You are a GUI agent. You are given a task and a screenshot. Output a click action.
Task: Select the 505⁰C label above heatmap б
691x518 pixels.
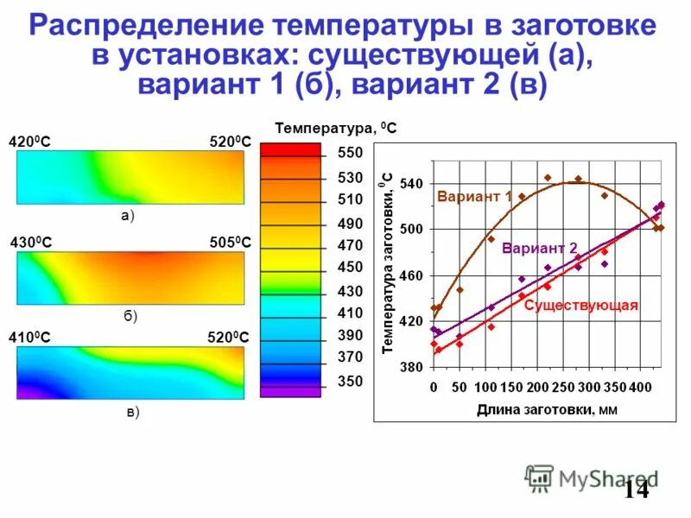230,243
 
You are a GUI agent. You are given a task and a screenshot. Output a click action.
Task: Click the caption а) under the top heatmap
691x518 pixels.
128,217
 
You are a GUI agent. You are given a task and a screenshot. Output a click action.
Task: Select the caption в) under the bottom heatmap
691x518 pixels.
132,413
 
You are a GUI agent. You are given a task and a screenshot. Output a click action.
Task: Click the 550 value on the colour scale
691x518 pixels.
350,153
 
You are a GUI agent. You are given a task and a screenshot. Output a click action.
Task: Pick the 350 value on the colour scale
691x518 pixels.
350,381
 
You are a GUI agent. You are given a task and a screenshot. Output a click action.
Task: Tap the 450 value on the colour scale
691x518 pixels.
350,268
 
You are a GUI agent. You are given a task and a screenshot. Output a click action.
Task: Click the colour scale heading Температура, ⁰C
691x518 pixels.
336,129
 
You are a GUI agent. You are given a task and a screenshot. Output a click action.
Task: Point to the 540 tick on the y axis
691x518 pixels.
411,184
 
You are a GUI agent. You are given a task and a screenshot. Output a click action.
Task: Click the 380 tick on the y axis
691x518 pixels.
411,367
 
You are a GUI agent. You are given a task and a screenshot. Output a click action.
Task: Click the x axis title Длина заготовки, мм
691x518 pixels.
547,409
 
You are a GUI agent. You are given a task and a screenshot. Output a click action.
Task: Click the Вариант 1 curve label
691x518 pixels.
474,197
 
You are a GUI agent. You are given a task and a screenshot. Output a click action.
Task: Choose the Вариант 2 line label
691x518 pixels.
540,247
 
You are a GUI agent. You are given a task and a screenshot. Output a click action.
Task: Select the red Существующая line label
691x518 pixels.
580,305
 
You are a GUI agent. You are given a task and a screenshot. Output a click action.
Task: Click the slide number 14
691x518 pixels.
636,490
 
